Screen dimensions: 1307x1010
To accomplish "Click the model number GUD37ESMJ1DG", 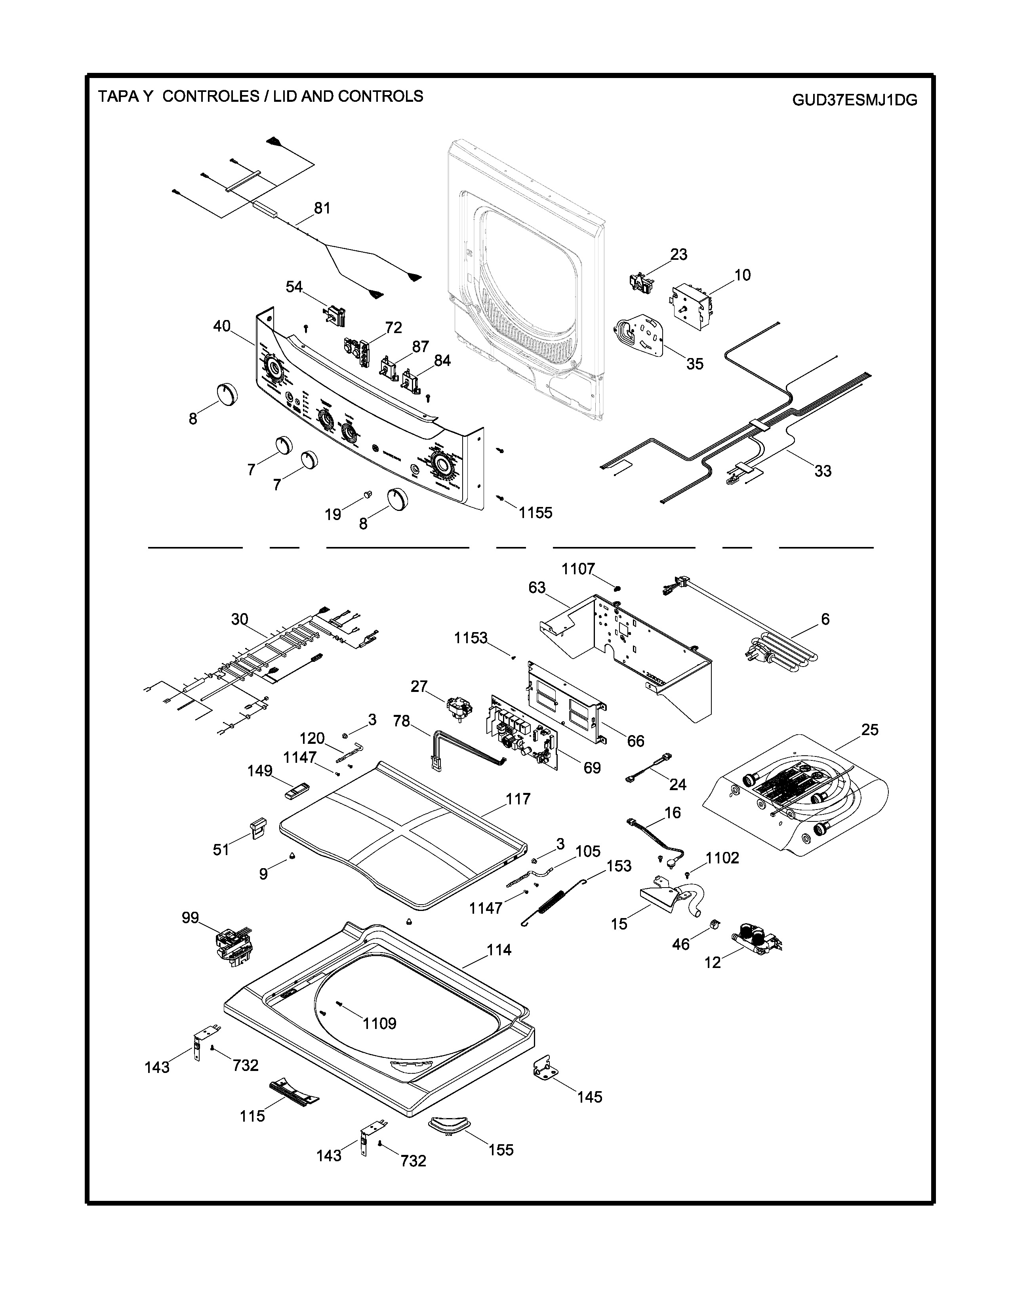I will (x=854, y=100).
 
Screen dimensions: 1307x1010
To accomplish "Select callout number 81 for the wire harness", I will (x=322, y=208).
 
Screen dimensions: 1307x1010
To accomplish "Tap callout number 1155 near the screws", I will (x=535, y=513).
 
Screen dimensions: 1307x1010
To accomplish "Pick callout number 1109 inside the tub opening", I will (x=379, y=1023).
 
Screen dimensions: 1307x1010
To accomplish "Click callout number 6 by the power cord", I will (x=825, y=619).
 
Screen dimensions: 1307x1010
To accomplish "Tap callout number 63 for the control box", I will (x=537, y=588).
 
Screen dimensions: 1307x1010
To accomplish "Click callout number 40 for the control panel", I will (x=222, y=327).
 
